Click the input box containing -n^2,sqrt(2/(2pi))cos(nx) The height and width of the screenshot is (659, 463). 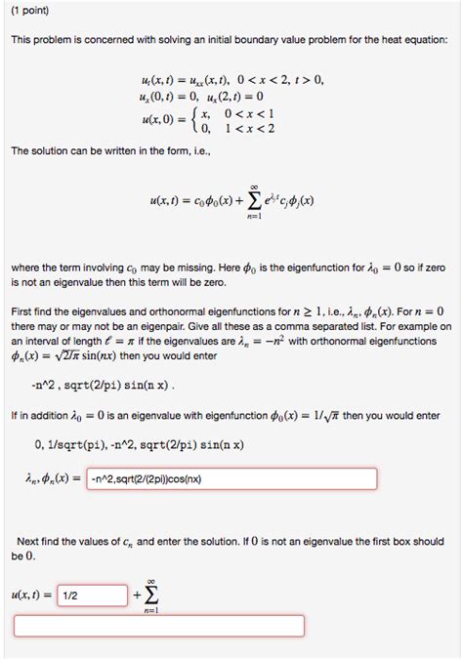click(231, 479)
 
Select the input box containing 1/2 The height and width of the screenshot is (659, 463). click(93, 595)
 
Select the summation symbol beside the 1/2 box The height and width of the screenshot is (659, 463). click(151, 594)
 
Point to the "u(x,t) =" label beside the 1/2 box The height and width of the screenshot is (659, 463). click(31, 595)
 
